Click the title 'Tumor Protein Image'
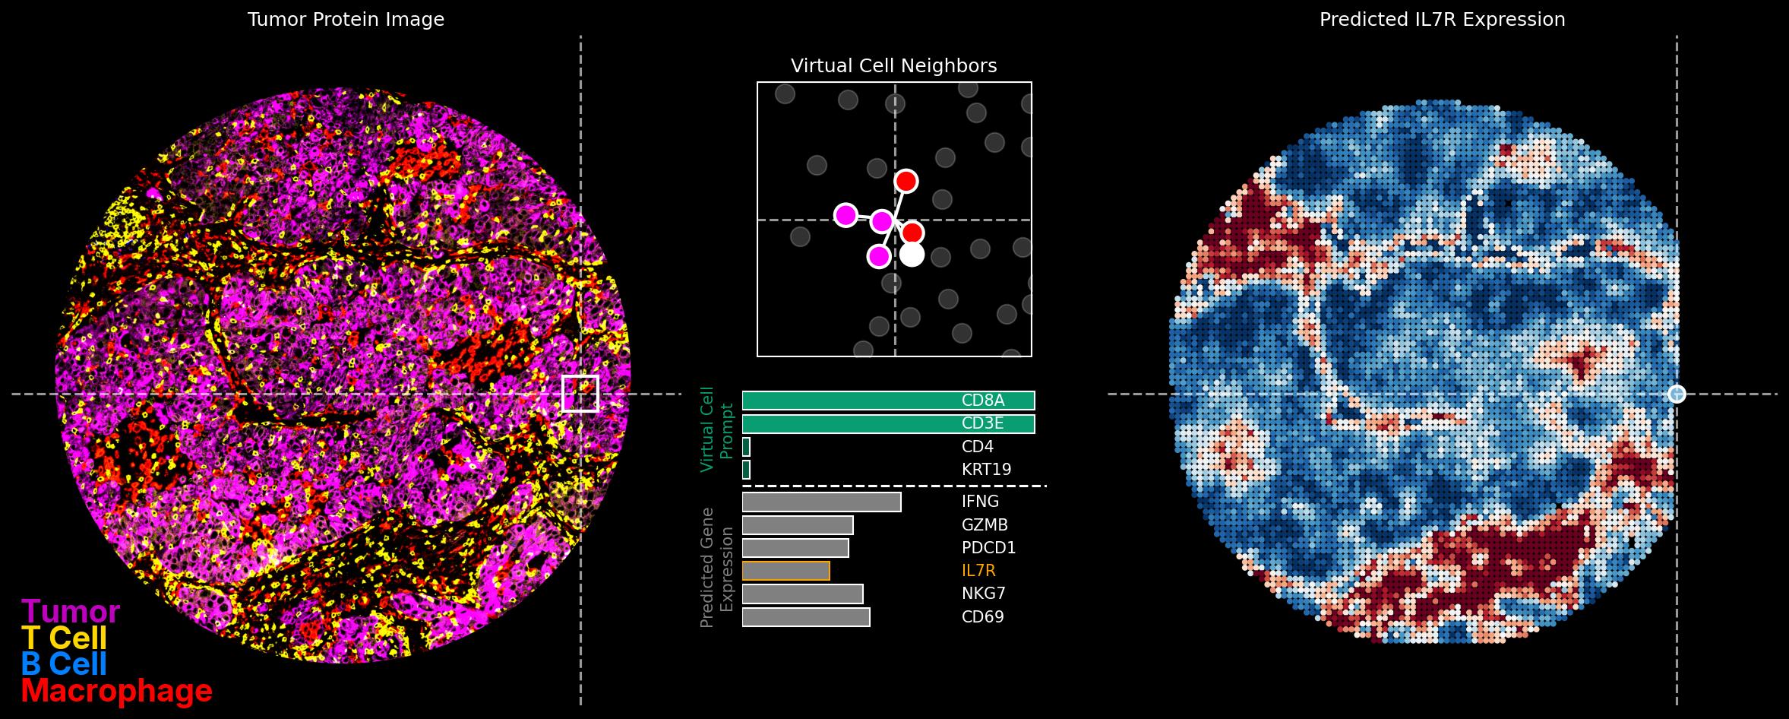(346, 20)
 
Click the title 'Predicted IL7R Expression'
(1442, 20)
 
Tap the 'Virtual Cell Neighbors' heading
(893, 66)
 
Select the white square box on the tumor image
(580, 393)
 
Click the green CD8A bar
(851, 401)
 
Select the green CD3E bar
(851, 424)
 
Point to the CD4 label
(978, 447)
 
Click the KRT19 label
(986, 470)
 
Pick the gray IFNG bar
(821, 502)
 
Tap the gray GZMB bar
(798, 525)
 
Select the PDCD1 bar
(795, 548)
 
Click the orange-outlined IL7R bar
(785, 571)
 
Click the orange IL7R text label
(978, 571)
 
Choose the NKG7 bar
(802, 594)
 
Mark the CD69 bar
(806, 617)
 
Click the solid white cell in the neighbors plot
(912, 255)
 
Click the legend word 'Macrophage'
(116, 692)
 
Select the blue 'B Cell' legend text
(64, 664)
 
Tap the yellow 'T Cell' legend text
(64, 638)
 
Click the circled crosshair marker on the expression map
(1677, 394)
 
